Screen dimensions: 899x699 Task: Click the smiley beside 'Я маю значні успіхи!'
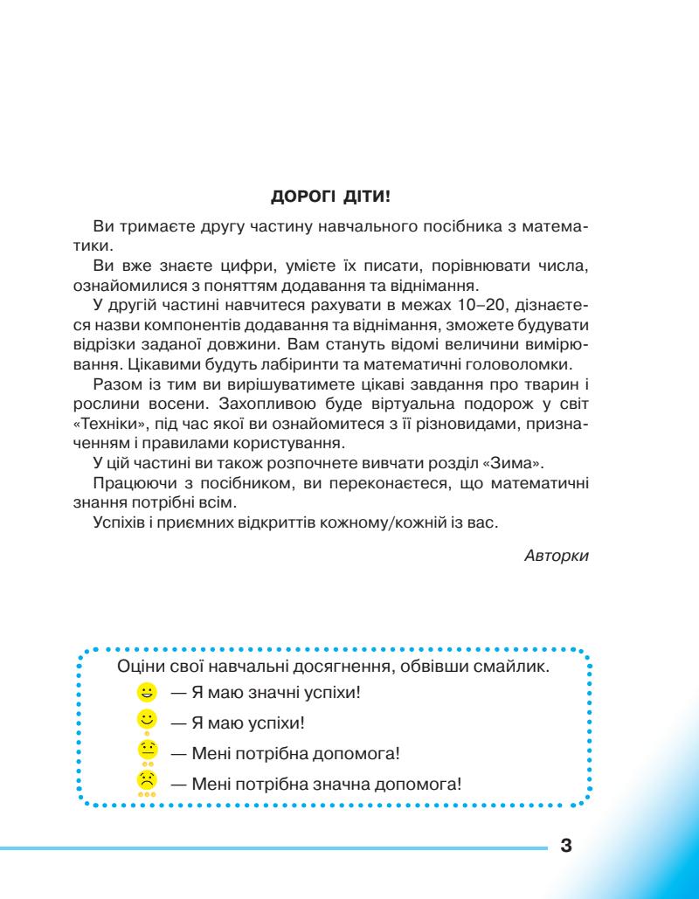click(x=147, y=694)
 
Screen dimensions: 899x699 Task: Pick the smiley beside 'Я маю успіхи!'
click(x=147, y=721)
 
